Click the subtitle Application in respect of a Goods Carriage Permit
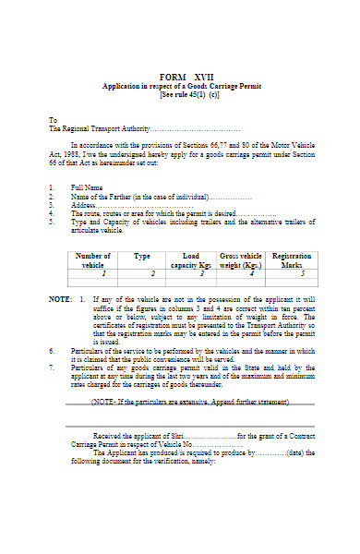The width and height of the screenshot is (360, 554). (x=182, y=85)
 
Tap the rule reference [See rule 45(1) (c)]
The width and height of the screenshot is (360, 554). (x=182, y=94)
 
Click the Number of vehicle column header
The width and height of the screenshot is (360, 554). (x=93, y=259)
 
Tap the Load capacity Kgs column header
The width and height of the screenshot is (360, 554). (x=191, y=259)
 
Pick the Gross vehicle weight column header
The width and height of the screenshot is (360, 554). (x=241, y=259)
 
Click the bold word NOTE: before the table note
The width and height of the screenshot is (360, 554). (x=59, y=300)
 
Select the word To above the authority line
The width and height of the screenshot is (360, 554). (x=53, y=120)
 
